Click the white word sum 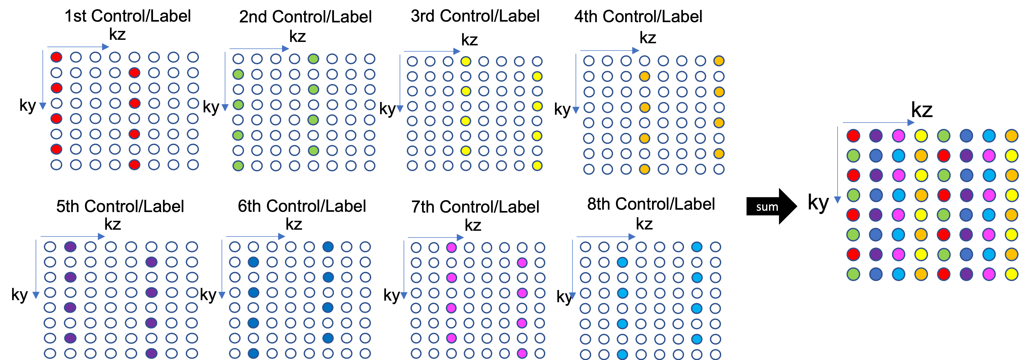pyautogui.click(x=767, y=207)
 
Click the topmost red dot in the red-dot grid pyautogui.click(x=56, y=57)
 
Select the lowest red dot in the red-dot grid pyautogui.click(x=135, y=165)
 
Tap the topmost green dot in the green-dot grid pyautogui.click(x=313, y=59)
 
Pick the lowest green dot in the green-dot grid pyautogui.click(x=238, y=166)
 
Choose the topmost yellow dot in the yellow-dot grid pyautogui.click(x=466, y=61)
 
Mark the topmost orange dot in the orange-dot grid pyautogui.click(x=719, y=61)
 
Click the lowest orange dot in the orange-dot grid pyautogui.click(x=644, y=169)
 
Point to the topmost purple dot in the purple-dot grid pyautogui.click(x=70, y=247)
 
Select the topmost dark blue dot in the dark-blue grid pyautogui.click(x=328, y=247)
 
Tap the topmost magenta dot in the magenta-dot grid pyautogui.click(x=451, y=248)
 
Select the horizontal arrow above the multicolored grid pyautogui.click(x=878, y=123)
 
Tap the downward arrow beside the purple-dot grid pyautogui.click(x=36, y=269)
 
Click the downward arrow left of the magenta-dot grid pyautogui.click(x=404, y=269)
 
